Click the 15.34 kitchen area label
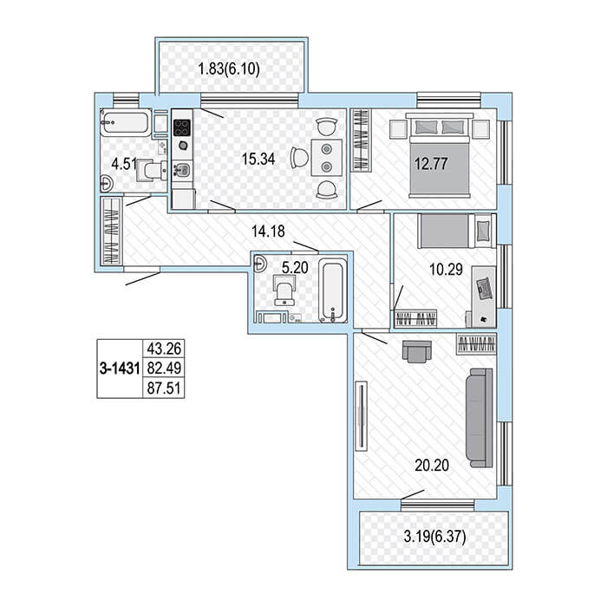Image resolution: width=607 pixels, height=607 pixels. coord(258,159)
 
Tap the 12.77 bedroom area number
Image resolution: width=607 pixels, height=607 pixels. coord(431,163)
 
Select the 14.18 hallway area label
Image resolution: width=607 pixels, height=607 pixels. coord(268,232)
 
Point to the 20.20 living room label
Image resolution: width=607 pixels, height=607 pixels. coord(432,465)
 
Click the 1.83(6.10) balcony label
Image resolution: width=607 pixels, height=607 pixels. coord(229,69)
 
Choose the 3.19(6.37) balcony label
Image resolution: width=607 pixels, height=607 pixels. coord(434,537)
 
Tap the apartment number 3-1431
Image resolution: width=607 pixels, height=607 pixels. coord(120,369)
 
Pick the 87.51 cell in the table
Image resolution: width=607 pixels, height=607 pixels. coord(164,388)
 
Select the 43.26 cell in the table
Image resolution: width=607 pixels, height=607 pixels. coord(164,349)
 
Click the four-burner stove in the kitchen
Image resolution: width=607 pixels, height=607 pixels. coord(182,127)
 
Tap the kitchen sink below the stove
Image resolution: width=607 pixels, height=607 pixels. coord(182,170)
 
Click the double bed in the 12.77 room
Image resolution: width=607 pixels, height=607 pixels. coord(440,155)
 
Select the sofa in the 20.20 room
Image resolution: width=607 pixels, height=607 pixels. coord(480,418)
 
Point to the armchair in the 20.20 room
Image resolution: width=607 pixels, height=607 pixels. coord(416,351)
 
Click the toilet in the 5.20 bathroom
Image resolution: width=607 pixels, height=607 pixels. coord(284,290)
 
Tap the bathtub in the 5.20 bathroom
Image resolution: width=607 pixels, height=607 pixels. coord(333,290)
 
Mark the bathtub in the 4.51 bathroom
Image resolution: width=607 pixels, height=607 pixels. coord(126,123)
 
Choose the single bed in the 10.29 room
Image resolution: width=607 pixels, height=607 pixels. coord(457,232)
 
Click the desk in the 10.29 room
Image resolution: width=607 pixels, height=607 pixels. coord(484,297)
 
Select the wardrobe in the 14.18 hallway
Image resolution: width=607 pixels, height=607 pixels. coord(112,232)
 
